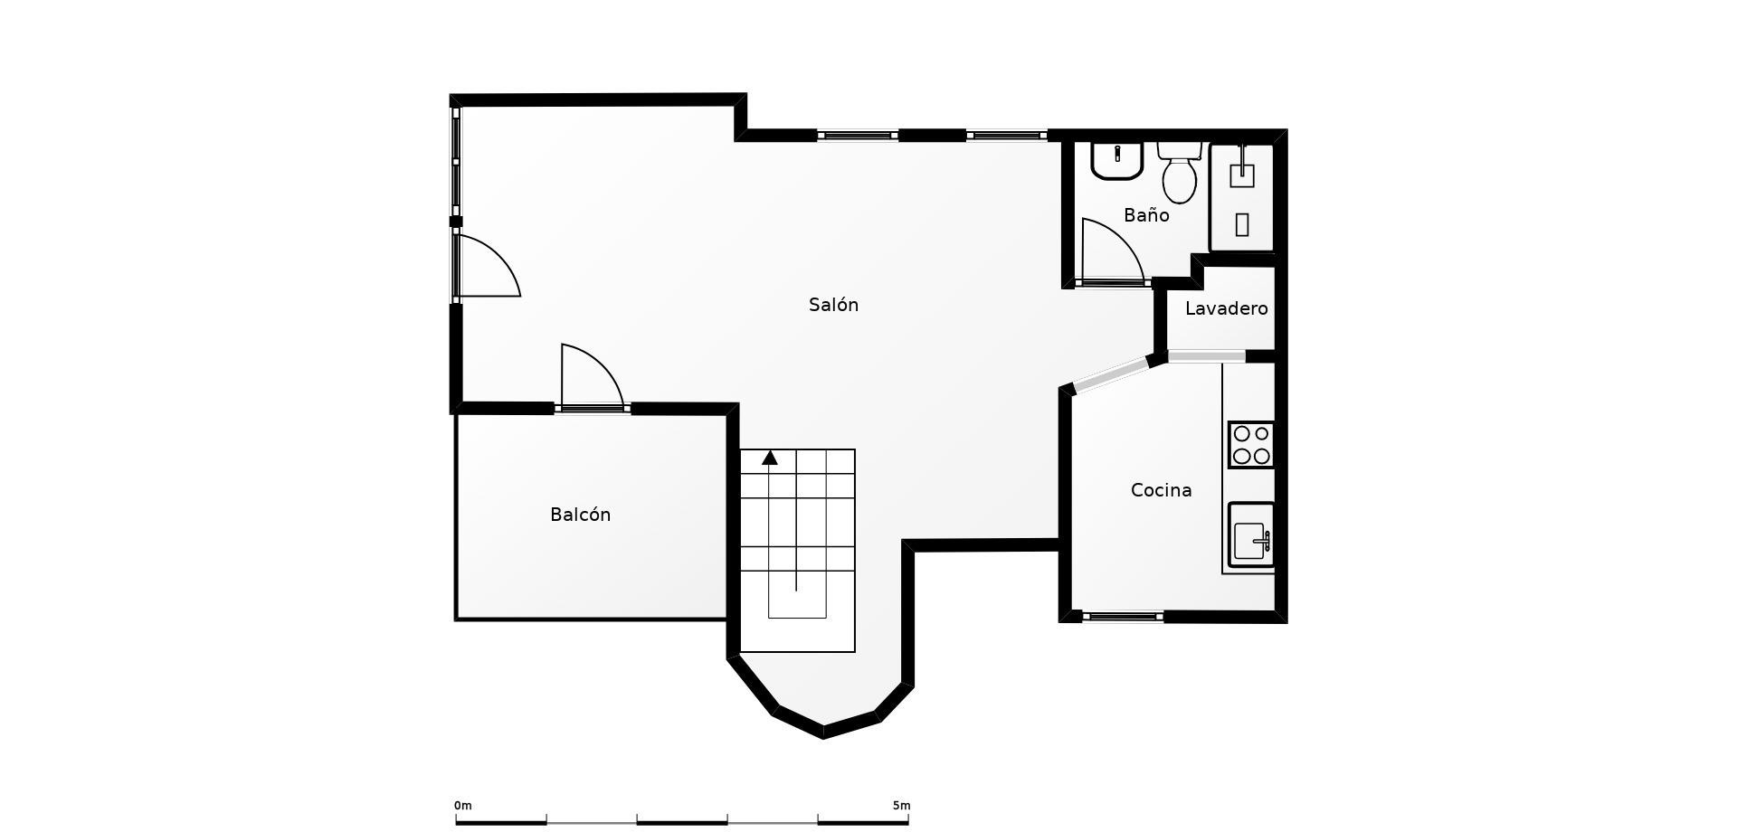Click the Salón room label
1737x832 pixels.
click(x=833, y=305)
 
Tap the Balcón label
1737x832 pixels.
click(x=580, y=515)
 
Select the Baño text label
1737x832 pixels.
click(x=1146, y=215)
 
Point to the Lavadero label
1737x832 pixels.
click(x=1226, y=308)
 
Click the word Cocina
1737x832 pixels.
click(x=1161, y=490)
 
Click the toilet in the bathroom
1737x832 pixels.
click(x=1179, y=172)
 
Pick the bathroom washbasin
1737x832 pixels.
click(x=1118, y=161)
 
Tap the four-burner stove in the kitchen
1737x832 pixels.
click(x=1251, y=445)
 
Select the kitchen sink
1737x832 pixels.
click(x=1251, y=535)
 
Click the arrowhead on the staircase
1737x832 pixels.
click(x=770, y=458)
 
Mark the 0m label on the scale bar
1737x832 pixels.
click(x=463, y=806)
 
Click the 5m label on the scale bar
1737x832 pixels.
click(x=901, y=806)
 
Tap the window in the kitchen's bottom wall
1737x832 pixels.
click(x=1123, y=617)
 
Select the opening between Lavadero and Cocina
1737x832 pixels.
click(x=1207, y=357)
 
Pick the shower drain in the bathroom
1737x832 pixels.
click(x=1242, y=224)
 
